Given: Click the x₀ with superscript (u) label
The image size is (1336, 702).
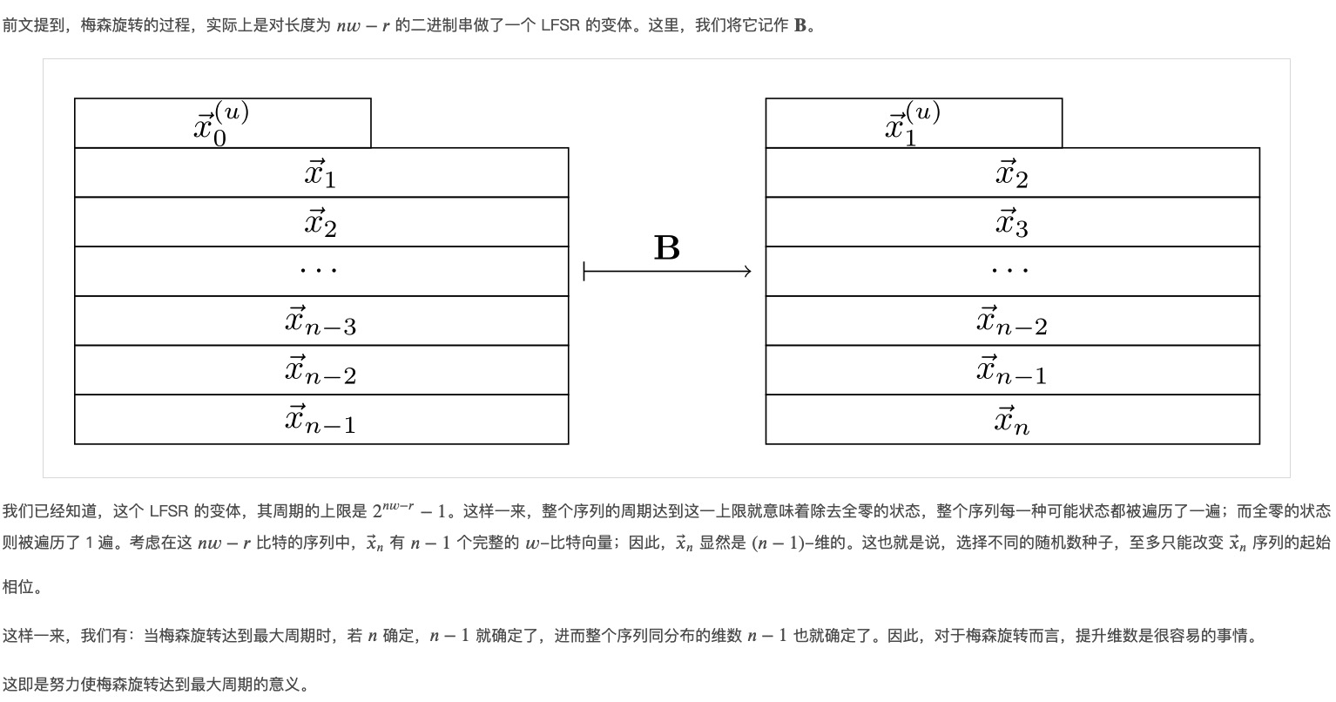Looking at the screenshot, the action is pyautogui.click(x=221, y=124).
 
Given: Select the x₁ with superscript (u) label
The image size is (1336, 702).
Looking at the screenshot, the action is pyautogui.click(x=913, y=124).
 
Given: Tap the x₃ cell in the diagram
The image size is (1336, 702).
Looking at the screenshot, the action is pyautogui.click(x=1012, y=222).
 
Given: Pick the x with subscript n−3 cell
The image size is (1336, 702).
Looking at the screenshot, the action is pyautogui.click(x=321, y=321).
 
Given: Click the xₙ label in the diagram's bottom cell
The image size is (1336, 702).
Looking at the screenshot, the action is pyautogui.click(x=1012, y=420).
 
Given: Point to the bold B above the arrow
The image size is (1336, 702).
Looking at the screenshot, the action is pyautogui.click(x=667, y=247).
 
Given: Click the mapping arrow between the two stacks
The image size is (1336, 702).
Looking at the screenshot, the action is pyautogui.click(x=667, y=272).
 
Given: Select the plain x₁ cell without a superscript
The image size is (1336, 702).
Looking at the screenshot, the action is pyautogui.click(x=321, y=173).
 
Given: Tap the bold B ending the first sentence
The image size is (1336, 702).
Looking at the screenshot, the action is pyautogui.click(x=800, y=25).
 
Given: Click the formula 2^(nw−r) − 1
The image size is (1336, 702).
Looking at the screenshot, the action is pyautogui.click(x=409, y=510).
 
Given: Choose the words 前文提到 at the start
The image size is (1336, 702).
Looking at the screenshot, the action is pyautogui.click(x=33, y=25).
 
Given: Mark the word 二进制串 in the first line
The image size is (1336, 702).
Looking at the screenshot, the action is pyautogui.click(x=442, y=25).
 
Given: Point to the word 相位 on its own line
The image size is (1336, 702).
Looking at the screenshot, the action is pyautogui.click(x=18, y=587).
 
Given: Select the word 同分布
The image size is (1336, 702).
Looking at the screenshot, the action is pyautogui.click(x=671, y=636).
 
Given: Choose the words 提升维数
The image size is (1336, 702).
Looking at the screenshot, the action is pyautogui.click(x=1106, y=636).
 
